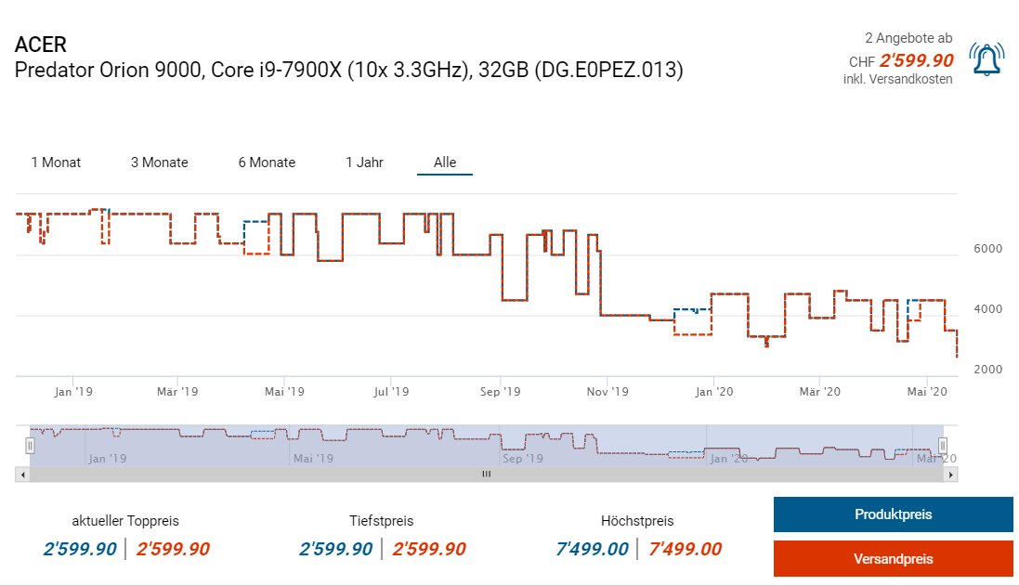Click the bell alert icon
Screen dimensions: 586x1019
(x=986, y=59)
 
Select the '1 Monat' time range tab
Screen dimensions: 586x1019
(x=56, y=163)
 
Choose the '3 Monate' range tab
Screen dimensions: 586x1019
(x=160, y=163)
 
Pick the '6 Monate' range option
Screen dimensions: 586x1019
(x=267, y=163)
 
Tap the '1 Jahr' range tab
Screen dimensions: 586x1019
(x=364, y=163)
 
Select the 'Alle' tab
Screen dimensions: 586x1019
(x=445, y=163)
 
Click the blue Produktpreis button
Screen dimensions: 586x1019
(x=893, y=514)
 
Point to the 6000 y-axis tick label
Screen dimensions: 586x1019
(x=987, y=249)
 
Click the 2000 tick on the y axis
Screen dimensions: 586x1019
(x=987, y=370)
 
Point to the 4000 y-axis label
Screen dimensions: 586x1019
(x=987, y=309)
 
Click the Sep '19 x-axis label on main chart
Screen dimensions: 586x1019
(x=500, y=392)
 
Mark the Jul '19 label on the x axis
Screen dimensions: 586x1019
(x=391, y=392)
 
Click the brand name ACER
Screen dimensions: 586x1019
(x=41, y=46)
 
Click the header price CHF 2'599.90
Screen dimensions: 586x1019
(x=901, y=60)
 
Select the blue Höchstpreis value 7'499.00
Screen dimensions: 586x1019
(x=592, y=549)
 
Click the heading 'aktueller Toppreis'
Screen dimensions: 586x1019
(x=125, y=521)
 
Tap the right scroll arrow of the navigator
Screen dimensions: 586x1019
(x=950, y=474)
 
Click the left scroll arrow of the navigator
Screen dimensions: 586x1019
(x=22, y=474)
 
